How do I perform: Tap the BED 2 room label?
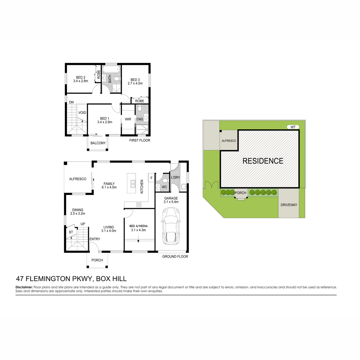[x=80, y=77]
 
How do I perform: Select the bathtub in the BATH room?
[x=111, y=70]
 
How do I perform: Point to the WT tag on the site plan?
[x=293, y=127]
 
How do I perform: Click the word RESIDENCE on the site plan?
[x=263, y=161]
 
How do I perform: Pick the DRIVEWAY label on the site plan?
[x=289, y=205]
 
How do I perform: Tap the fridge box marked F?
[x=151, y=178]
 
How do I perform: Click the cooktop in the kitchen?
[x=139, y=205]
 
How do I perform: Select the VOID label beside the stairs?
[x=82, y=113]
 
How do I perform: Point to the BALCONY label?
[x=98, y=143]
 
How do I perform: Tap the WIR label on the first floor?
[x=128, y=119]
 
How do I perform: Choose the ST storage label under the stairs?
[x=71, y=232]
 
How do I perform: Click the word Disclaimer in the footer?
[x=24, y=287]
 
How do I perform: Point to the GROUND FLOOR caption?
[x=175, y=256]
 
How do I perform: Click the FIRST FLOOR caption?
[x=139, y=140]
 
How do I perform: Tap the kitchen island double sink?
[x=133, y=184]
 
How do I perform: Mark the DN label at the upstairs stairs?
[x=71, y=102]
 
